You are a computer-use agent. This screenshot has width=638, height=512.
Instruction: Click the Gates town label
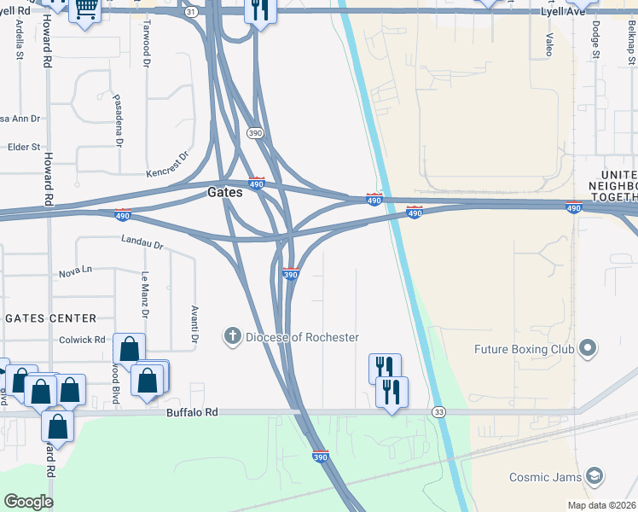tap(225, 193)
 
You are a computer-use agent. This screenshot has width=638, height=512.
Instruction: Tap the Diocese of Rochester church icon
tap(232, 336)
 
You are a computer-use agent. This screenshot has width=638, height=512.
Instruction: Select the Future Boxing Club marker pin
tap(587, 348)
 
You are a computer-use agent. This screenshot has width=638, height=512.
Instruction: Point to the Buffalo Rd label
tap(193, 412)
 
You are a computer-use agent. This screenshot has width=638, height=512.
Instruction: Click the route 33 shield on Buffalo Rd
tap(438, 412)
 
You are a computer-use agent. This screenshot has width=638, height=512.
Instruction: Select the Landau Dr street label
tap(142, 243)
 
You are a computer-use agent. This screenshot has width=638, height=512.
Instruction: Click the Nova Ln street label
tap(75, 273)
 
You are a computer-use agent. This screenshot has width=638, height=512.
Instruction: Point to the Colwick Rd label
tap(83, 339)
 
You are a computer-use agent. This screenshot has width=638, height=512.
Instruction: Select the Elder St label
tap(24, 147)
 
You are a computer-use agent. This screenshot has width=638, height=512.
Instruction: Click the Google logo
tap(28, 502)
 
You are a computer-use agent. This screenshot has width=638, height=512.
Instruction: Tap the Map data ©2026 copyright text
tap(601, 505)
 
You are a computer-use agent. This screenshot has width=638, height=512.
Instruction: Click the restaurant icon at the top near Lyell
tap(258, 9)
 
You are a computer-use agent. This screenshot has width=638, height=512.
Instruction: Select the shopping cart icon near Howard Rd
tap(84, 9)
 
